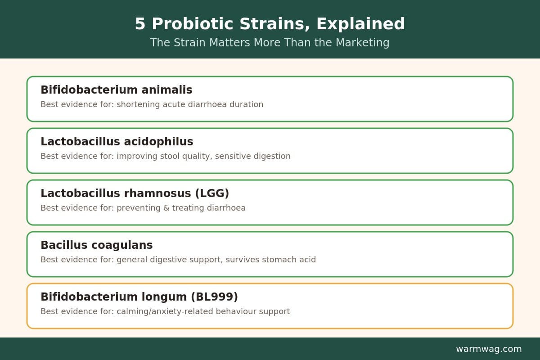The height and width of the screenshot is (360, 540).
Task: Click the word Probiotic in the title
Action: point(193,24)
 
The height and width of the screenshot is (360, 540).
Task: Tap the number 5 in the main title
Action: point(140,24)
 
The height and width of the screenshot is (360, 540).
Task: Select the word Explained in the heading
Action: point(360,24)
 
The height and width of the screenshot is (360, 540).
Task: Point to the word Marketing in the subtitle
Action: point(362,43)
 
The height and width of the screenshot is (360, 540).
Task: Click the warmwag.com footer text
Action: point(489,349)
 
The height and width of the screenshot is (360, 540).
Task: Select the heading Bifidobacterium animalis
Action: point(117,90)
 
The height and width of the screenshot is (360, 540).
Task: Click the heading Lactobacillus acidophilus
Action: point(117,142)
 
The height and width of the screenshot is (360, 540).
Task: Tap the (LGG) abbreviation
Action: point(212,193)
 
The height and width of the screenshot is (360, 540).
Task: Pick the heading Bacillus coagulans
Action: point(97,245)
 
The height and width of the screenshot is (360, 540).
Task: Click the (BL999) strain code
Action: point(214,297)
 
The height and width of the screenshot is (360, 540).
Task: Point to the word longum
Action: point(164,297)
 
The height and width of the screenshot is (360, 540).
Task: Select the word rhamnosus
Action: point(157,193)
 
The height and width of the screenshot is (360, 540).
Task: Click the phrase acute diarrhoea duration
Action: point(213,104)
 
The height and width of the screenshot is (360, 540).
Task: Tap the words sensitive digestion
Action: point(252,156)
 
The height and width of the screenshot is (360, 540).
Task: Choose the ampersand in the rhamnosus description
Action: point(166,208)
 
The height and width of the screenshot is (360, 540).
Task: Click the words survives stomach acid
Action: point(271,260)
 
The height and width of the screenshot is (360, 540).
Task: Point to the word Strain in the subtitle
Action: point(188,43)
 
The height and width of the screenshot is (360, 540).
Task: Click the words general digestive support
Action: point(169,260)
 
